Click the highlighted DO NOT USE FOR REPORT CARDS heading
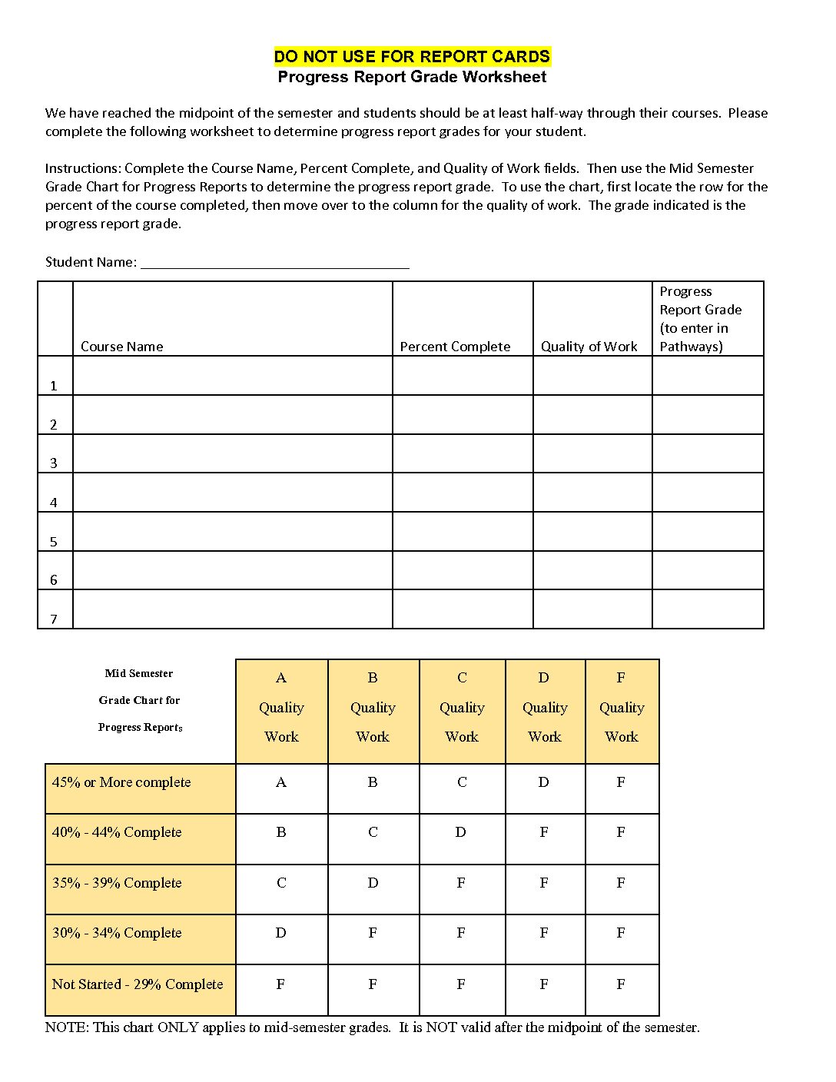412,56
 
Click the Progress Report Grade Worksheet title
412,77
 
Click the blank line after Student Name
274,263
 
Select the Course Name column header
122,347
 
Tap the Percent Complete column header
455,347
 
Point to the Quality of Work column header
589,347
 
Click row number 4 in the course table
54,503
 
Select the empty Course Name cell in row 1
232,376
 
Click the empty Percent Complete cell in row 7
463,609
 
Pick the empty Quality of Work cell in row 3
592,453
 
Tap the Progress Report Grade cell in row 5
708,532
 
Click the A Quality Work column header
281,708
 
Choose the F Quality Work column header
622,708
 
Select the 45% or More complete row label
121,782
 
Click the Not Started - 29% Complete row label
138,984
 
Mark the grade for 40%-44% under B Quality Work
373,832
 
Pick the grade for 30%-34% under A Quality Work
280,933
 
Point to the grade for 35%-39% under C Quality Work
461,883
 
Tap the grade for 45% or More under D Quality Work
544,782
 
